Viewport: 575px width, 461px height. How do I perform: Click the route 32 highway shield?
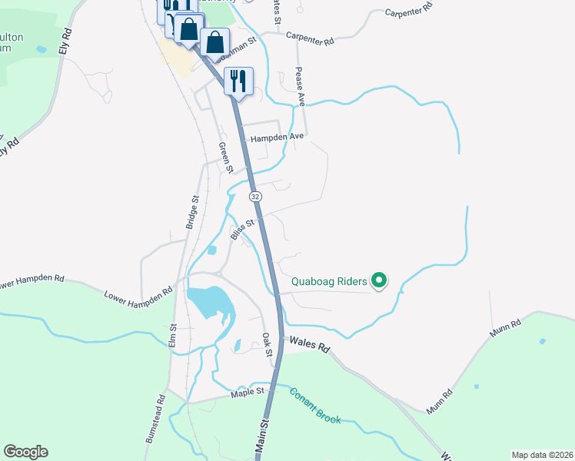(x=255, y=197)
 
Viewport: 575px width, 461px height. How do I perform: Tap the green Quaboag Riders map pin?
(x=378, y=281)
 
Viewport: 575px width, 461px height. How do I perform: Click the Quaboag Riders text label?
(x=328, y=281)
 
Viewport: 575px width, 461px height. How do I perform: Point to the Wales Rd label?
(x=307, y=343)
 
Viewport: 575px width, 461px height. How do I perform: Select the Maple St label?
(x=248, y=393)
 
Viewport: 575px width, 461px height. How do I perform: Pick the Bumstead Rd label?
(x=155, y=418)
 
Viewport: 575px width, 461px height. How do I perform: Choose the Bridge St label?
(x=193, y=212)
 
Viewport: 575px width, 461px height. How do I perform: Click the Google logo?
(x=25, y=452)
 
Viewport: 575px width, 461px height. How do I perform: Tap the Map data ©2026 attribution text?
(x=542, y=455)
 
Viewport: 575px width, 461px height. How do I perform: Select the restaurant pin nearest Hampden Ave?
(x=238, y=81)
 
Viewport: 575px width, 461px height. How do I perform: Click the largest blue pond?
(x=205, y=300)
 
